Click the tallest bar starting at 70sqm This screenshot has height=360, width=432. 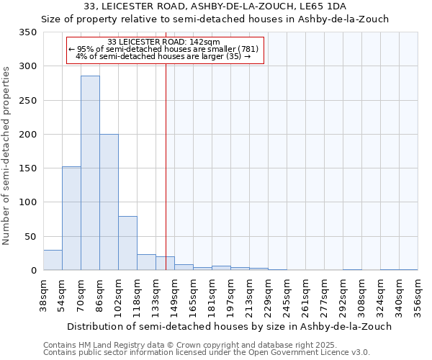click(90, 173)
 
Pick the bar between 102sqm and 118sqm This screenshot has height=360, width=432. click(127, 243)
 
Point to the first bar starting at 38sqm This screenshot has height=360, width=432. click(53, 260)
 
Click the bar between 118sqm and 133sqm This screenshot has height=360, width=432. click(146, 262)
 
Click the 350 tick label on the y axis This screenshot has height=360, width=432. click(28, 32)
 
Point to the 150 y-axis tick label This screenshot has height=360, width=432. click(28, 168)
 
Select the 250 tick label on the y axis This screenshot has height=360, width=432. click(28, 101)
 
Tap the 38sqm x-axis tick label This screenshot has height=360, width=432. click(44, 294)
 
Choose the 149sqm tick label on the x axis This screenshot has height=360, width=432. click(175, 294)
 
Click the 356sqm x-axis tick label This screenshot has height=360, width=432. click(418, 294)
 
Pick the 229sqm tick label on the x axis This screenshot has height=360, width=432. click(269, 294)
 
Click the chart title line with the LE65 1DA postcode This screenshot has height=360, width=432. click(215, 6)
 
